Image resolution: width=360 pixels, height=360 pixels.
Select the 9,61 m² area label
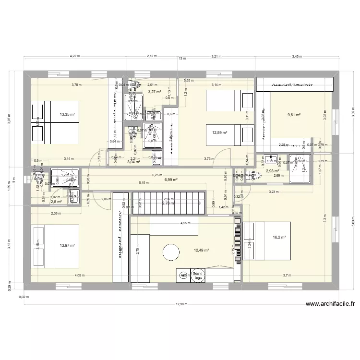click(x=294, y=115)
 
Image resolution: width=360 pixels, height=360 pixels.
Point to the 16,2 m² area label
click(x=279, y=237)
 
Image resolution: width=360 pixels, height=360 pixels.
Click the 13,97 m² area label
click(x=67, y=246)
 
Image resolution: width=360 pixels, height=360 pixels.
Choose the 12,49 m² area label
click(x=201, y=250)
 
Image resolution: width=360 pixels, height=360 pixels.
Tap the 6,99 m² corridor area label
click(x=171, y=180)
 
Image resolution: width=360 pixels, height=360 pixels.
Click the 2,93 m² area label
click(x=272, y=171)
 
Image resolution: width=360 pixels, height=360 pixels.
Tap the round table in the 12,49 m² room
click(x=171, y=251)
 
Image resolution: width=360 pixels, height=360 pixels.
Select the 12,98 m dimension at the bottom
click(x=181, y=304)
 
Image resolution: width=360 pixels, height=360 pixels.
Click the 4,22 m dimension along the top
click(x=74, y=56)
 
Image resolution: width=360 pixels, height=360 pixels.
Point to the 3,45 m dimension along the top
click(x=297, y=56)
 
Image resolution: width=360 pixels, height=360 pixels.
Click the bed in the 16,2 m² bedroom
click(x=267, y=240)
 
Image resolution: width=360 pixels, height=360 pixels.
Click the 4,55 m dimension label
click(x=185, y=223)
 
